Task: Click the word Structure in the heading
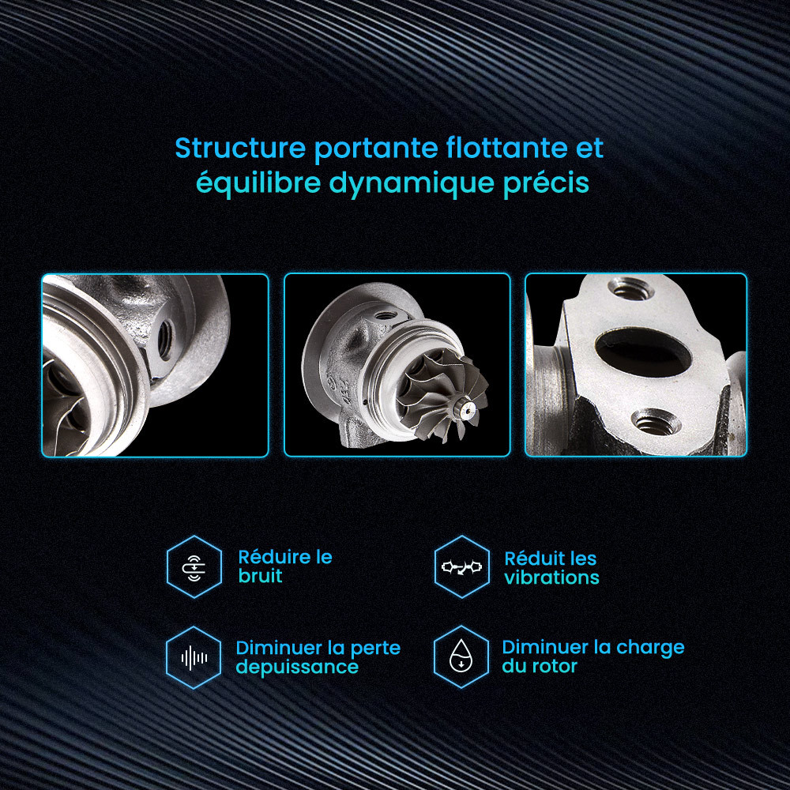click(240, 149)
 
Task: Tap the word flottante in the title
click(507, 149)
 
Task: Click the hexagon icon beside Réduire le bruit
click(194, 566)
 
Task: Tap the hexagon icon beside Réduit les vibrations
click(461, 566)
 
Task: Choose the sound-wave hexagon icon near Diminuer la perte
click(194, 657)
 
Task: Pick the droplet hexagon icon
click(461, 657)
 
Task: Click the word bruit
click(260, 576)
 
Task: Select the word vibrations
click(551, 577)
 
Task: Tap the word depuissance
click(297, 668)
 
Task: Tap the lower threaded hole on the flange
click(656, 422)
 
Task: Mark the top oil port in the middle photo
click(385, 316)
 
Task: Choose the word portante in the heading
click(376, 149)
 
